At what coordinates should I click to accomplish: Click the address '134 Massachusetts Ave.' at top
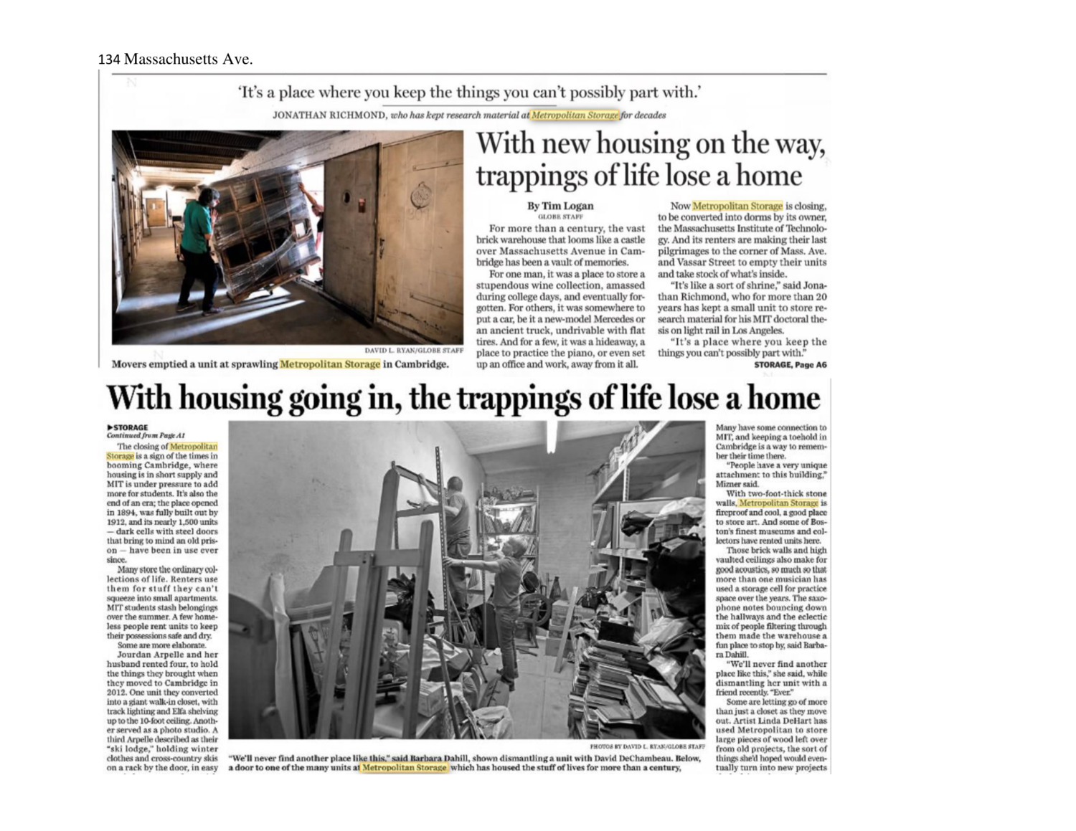[x=175, y=60]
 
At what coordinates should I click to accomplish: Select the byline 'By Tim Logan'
[x=561, y=206]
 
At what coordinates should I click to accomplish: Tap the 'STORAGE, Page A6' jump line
[x=790, y=365]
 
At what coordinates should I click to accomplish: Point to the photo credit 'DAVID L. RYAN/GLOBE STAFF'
[x=414, y=351]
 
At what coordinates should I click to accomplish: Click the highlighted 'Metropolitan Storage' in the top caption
[x=330, y=364]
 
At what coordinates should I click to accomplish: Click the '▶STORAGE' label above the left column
[x=127, y=427]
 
